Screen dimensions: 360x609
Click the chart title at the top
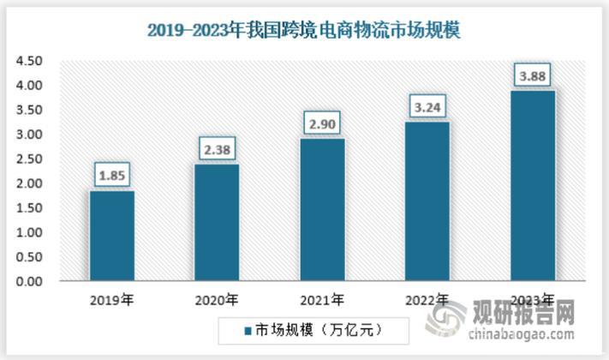(x=304, y=32)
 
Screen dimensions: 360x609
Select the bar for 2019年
(x=112, y=236)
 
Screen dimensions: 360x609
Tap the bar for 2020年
(x=217, y=223)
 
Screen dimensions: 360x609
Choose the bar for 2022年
(x=427, y=201)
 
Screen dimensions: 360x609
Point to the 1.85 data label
(x=112, y=177)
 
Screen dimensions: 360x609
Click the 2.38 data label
(x=217, y=150)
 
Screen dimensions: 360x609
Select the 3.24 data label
(x=427, y=108)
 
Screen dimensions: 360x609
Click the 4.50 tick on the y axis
(x=27, y=62)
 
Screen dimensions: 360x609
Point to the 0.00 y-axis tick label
(x=27, y=281)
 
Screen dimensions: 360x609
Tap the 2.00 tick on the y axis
(x=27, y=183)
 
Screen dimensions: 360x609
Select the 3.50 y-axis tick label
(x=27, y=111)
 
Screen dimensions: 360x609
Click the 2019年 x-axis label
(x=112, y=300)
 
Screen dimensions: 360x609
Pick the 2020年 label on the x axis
(x=217, y=300)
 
